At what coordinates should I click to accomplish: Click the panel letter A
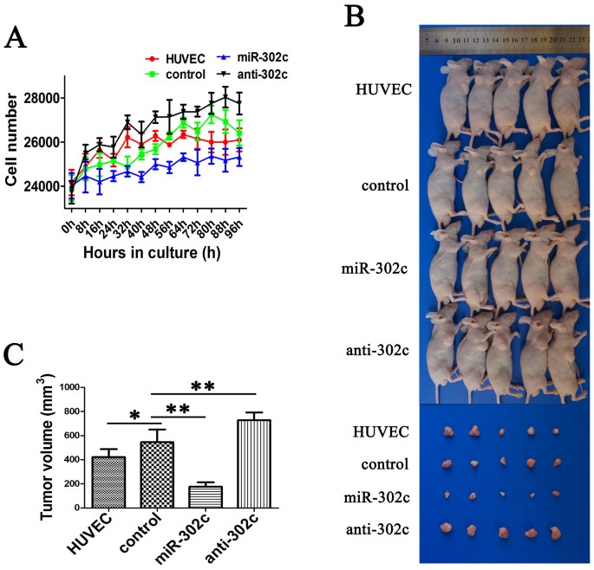(16, 39)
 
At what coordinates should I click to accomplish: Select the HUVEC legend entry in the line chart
(177, 59)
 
